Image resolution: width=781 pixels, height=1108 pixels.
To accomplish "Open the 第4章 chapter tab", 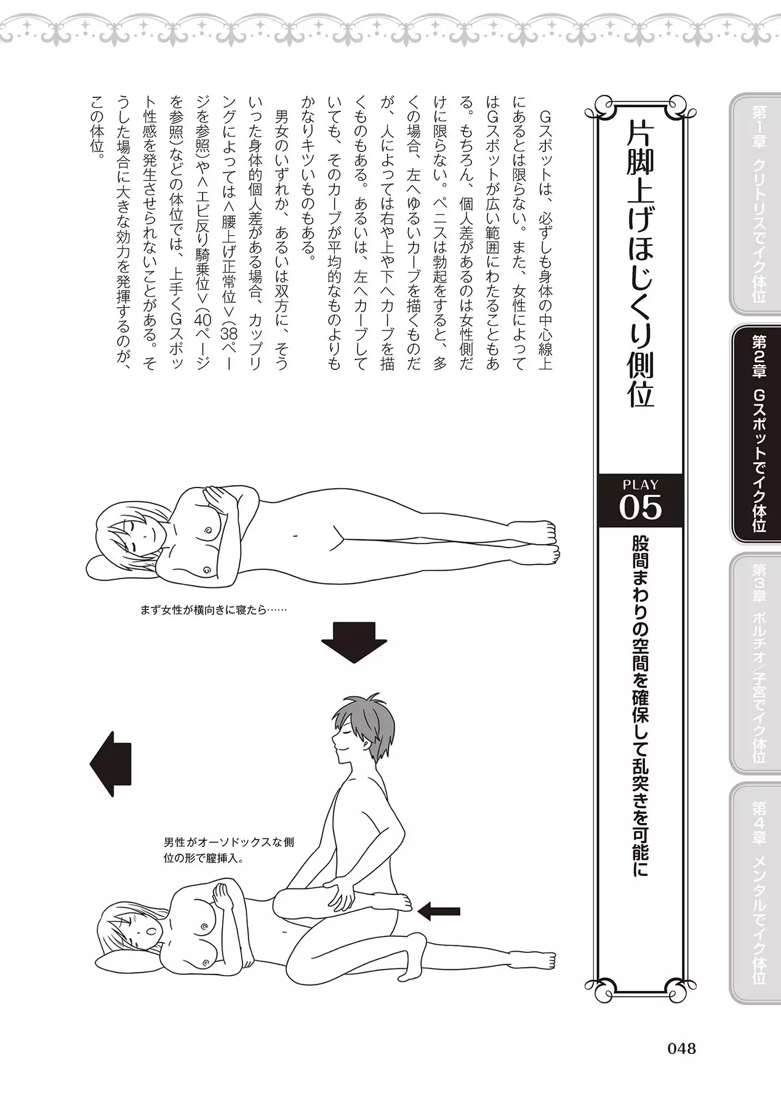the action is pos(755,892).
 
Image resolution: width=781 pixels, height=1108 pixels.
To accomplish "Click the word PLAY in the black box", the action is pos(640,484).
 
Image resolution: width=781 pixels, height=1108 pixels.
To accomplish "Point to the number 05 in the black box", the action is pos(640,508).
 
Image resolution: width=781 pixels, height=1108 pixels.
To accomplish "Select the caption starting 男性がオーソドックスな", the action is pos(229,850).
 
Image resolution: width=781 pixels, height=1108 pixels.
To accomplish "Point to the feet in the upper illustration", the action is pos(545,542).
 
